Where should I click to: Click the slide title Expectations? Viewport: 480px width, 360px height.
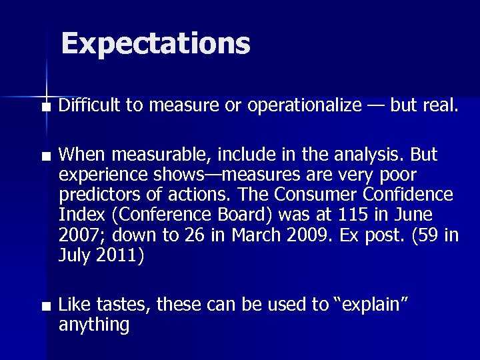coord(155,44)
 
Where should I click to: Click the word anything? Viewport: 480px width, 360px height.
coord(94,325)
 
